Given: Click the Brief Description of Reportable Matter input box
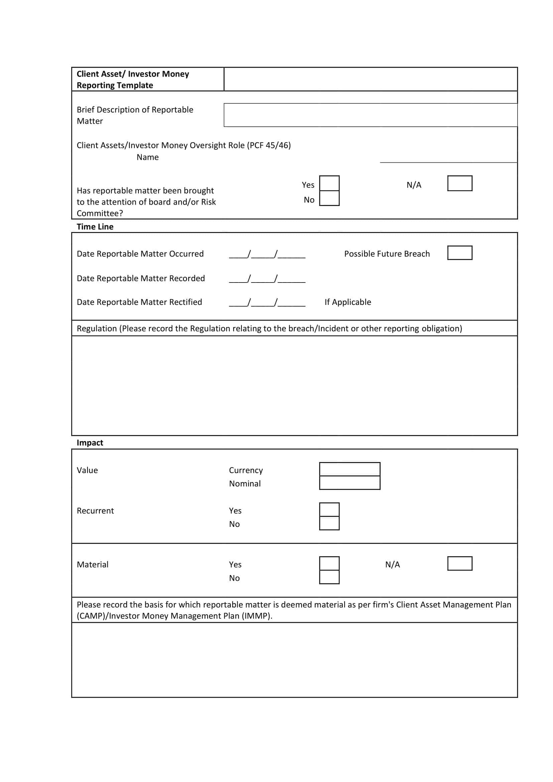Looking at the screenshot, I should coord(370,115).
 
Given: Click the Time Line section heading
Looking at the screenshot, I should coord(95,227).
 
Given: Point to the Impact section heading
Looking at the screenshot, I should coord(90,443).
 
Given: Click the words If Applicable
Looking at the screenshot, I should coord(348,302).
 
